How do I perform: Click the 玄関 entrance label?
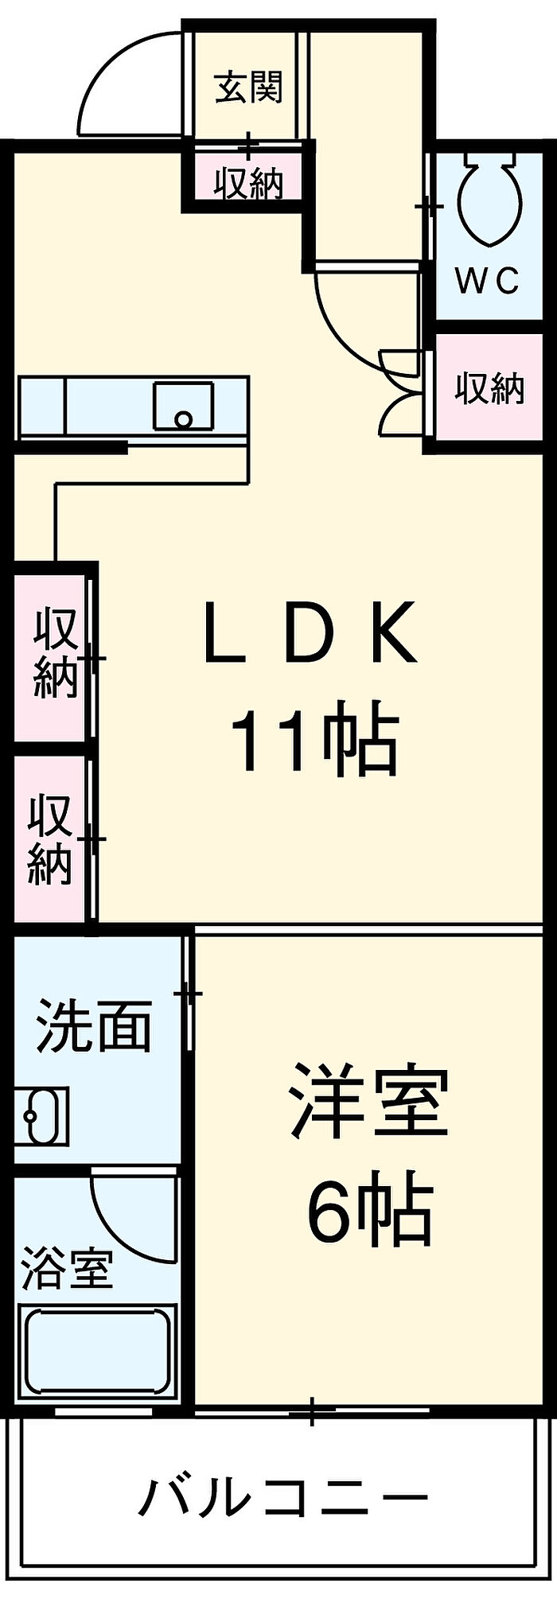pyautogui.click(x=249, y=87)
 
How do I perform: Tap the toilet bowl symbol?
pyautogui.click(x=489, y=203)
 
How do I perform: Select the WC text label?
pyautogui.click(x=487, y=279)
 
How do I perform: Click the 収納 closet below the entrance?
pyautogui.click(x=248, y=183)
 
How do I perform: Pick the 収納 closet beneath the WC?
pyautogui.click(x=489, y=388)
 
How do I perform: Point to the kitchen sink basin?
pyautogui.click(x=184, y=406)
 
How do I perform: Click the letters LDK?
pyautogui.click(x=310, y=634)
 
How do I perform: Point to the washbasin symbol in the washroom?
pyautogui.click(x=41, y=1115)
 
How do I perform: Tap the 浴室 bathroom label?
pyautogui.click(x=67, y=1269)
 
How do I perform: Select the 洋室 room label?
pyautogui.click(x=370, y=1101)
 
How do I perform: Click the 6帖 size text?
pyautogui.click(x=370, y=1212)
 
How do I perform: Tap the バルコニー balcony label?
pyautogui.click(x=284, y=1498)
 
